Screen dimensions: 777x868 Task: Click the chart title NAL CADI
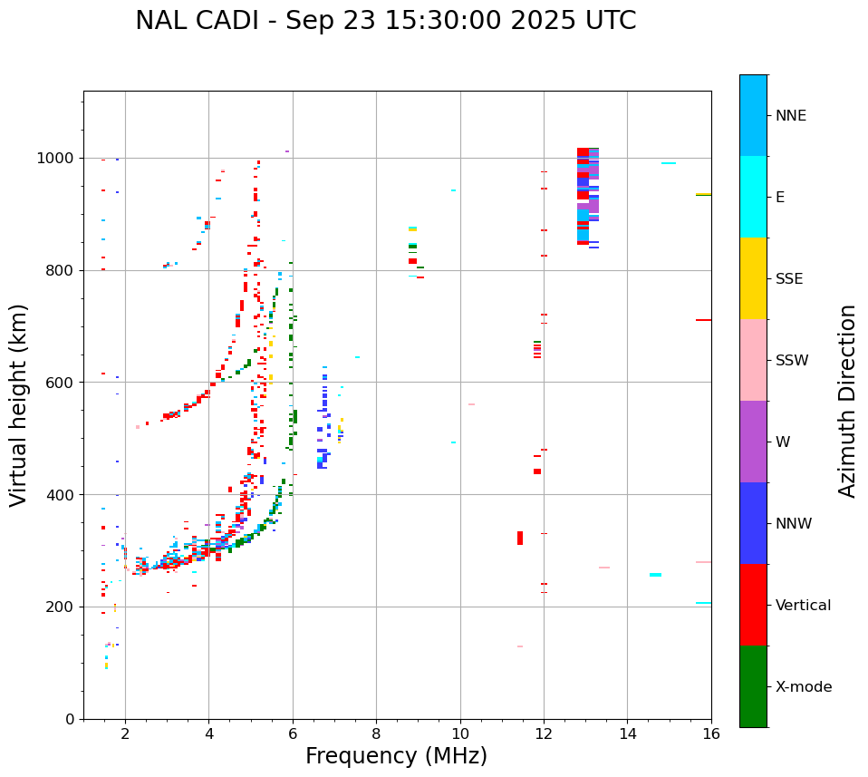click(x=385, y=21)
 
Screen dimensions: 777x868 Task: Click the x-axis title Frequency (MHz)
click(x=396, y=756)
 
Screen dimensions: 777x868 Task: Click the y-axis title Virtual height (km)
click(x=19, y=405)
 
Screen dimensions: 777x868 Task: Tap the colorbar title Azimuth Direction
click(x=847, y=401)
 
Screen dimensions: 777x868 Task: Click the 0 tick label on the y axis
click(x=69, y=719)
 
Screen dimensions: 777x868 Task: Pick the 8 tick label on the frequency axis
click(x=376, y=733)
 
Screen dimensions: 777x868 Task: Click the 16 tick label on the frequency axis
click(x=711, y=733)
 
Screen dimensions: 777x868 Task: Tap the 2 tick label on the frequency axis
click(x=125, y=733)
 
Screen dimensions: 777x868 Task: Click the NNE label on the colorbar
click(x=790, y=116)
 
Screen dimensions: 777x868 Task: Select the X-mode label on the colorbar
click(x=803, y=687)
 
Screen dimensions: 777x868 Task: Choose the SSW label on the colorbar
click(x=792, y=361)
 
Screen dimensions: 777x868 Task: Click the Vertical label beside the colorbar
click(x=803, y=606)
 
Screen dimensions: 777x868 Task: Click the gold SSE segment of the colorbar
click(x=753, y=278)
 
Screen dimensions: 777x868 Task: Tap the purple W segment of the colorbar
click(x=753, y=442)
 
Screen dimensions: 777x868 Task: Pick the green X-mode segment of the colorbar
click(x=753, y=686)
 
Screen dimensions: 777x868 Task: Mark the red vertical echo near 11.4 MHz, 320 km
click(x=520, y=538)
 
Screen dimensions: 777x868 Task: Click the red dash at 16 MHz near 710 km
click(x=703, y=320)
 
